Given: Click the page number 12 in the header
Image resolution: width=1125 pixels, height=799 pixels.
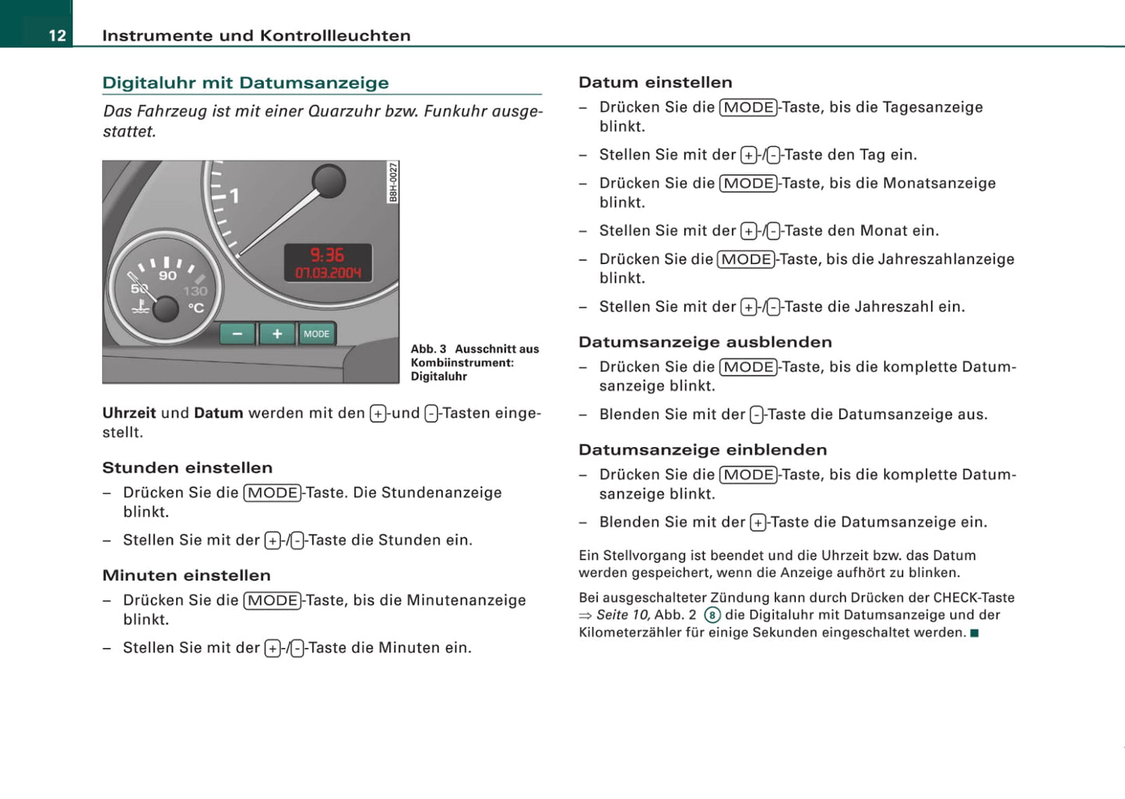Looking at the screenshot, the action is [x=58, y=36].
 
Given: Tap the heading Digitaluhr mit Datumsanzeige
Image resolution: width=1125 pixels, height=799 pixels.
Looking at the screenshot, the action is [x=245, y=83].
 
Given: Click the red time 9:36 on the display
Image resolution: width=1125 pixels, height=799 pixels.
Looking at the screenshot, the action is [x=327, y=255].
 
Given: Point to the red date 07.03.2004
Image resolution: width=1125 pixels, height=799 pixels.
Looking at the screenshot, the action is [x=328, y=273].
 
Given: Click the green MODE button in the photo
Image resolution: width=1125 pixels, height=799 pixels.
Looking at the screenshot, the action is [x=316, y=333].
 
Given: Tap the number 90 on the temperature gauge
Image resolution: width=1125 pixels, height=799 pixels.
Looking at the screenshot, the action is [x=167, y=276].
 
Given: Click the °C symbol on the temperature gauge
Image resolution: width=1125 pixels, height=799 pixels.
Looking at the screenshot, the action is [x=196, y=308].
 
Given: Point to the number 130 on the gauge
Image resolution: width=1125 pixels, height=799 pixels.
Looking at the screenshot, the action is [x=195, y=291].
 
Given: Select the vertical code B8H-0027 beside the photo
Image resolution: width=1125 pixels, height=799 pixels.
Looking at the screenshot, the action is [x=393, y=182].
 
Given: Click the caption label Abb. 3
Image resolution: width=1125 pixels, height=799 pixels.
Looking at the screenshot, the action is [x=428, y=349].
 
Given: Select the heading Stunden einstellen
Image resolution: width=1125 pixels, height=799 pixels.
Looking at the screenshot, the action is [x=188, y=467].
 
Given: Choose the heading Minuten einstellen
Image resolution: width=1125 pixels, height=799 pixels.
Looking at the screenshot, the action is [x=186, y=575].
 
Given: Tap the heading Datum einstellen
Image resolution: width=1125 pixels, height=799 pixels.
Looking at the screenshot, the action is [x=656, y=82].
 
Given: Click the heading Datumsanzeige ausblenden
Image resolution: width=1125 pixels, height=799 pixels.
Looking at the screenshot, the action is [x=705, y=342].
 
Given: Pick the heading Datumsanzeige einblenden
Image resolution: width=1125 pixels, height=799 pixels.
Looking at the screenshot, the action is [x=702, y=449].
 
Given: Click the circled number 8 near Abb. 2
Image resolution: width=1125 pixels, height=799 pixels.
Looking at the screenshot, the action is [x=712, y=615].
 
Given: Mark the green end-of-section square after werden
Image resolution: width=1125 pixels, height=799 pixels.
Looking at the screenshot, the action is [x=974, y=632].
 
